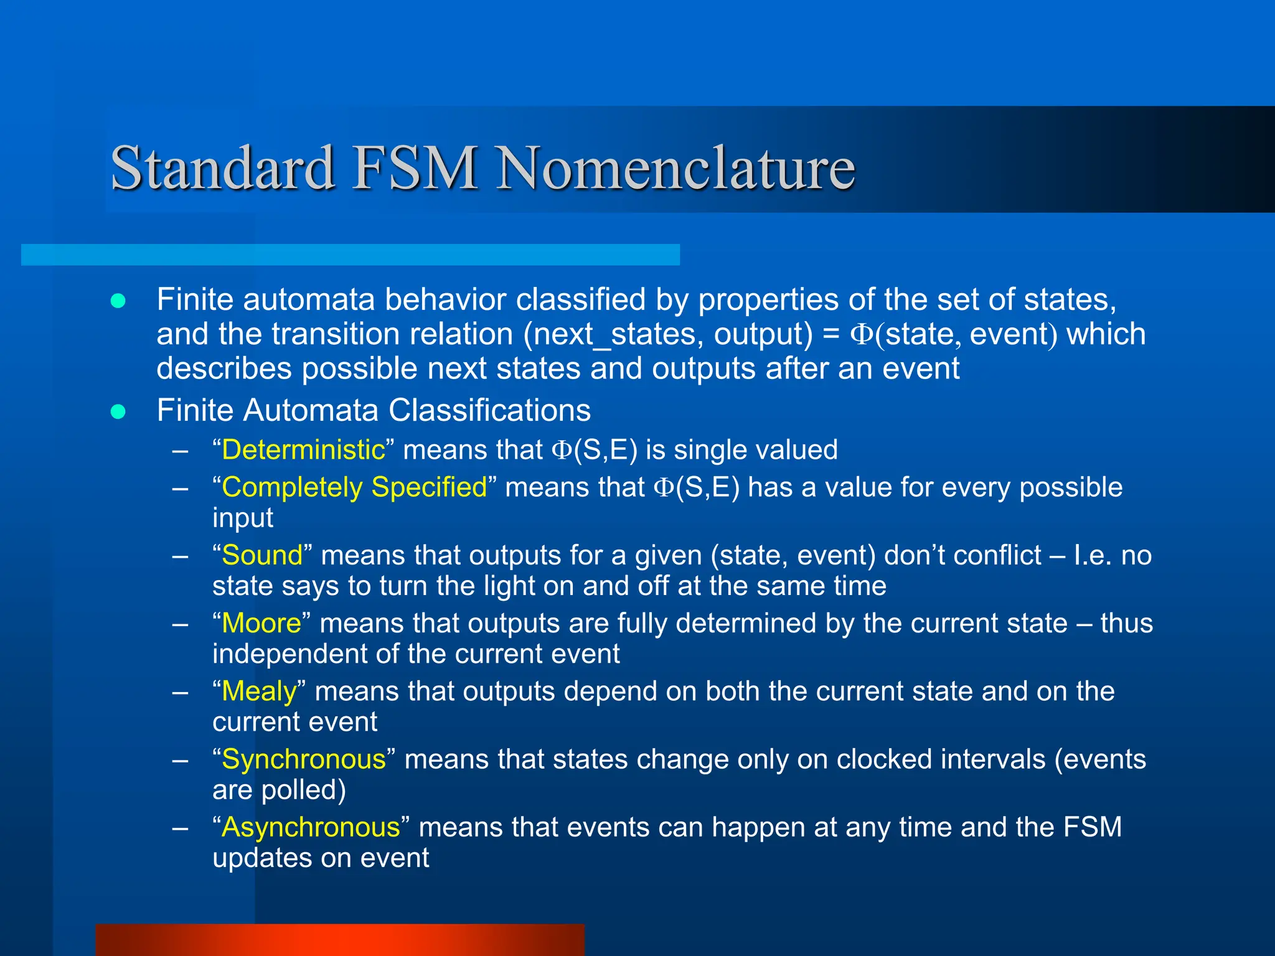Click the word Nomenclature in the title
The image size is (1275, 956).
[675, 168]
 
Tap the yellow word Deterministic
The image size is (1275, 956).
[303, 450]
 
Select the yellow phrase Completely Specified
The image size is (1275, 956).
[354, 487]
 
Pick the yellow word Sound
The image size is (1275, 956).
[262, 555]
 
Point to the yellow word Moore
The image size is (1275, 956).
[261, 623]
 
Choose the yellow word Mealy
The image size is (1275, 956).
[259, 691]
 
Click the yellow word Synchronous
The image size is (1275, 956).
[304, 759]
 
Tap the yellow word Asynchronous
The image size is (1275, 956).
[311, 828]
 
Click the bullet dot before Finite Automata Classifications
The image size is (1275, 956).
[118, 411]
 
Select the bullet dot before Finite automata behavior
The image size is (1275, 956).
[118, 301]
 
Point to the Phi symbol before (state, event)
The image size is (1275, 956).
[862, 334]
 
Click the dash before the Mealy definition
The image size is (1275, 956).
[181, 691]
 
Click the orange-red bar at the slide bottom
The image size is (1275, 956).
[340, 940]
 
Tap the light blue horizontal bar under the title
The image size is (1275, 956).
[350, 255]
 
